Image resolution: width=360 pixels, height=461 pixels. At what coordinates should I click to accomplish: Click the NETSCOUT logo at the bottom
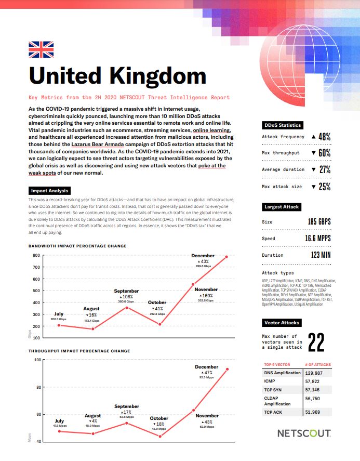303,432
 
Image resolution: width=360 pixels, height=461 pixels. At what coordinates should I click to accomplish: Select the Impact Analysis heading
49,191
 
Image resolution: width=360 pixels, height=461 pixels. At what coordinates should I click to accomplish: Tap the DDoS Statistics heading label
282,125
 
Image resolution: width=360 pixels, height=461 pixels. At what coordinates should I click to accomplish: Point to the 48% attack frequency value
321,137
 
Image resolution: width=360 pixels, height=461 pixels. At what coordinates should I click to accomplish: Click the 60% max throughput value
321,153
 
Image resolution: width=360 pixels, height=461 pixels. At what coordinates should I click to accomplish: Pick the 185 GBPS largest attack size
319,222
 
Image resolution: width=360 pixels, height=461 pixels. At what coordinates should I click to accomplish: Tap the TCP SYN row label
273,389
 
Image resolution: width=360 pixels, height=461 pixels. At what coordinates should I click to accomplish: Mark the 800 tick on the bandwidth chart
36,255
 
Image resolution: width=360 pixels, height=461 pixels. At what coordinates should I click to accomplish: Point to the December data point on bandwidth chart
226,256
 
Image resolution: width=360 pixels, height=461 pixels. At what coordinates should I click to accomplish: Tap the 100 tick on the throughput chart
37,360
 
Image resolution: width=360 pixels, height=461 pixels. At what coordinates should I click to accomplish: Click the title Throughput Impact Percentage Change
79,351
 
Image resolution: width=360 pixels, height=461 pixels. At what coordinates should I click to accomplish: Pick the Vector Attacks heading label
282,323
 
